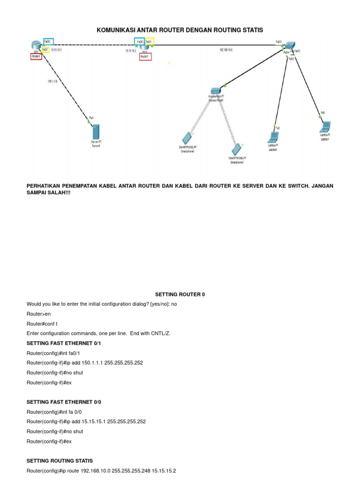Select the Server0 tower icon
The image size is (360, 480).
click(96, 131)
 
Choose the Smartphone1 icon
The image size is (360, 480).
click(237, 150)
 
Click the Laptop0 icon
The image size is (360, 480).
click(273, 137)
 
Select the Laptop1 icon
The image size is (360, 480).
click(325, 127)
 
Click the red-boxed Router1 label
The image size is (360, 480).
click(145, 56)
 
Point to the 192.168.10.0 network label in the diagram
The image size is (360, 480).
click(226, 49)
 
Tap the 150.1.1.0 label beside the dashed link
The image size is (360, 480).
click(52, 81)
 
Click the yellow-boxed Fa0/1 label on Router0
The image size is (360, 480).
click(45, 49)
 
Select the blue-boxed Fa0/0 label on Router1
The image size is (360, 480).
click(140, 41)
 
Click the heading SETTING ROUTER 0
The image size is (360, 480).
click(180, 294)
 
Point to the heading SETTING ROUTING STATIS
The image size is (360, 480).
click(60, 461)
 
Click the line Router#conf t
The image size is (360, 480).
click(42, 323)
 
